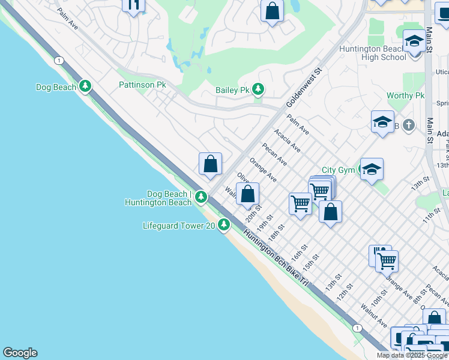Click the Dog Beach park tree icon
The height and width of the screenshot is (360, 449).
(x=86, y=87)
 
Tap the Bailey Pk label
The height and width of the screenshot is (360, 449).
(x=232, y=90)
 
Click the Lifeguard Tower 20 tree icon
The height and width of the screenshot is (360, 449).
(x=224, y=225)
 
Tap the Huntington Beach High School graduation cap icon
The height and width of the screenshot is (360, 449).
(x=414, y=42)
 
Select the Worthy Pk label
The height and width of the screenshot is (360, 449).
(x=405, y=95)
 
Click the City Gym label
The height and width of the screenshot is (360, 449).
(x=338, y=170)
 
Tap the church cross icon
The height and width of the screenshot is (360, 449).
(x=408, y=125)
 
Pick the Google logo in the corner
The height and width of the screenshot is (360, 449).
(x=20, y=353)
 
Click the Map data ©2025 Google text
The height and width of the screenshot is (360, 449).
(x=412, y=355)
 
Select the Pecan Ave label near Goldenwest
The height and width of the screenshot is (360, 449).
(x=274, y=154)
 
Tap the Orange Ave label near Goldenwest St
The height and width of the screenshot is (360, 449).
(x=263, y=170)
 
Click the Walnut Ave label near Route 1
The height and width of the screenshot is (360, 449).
(x=373, y=315)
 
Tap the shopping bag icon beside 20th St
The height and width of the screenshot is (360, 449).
(x=247, y=194)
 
